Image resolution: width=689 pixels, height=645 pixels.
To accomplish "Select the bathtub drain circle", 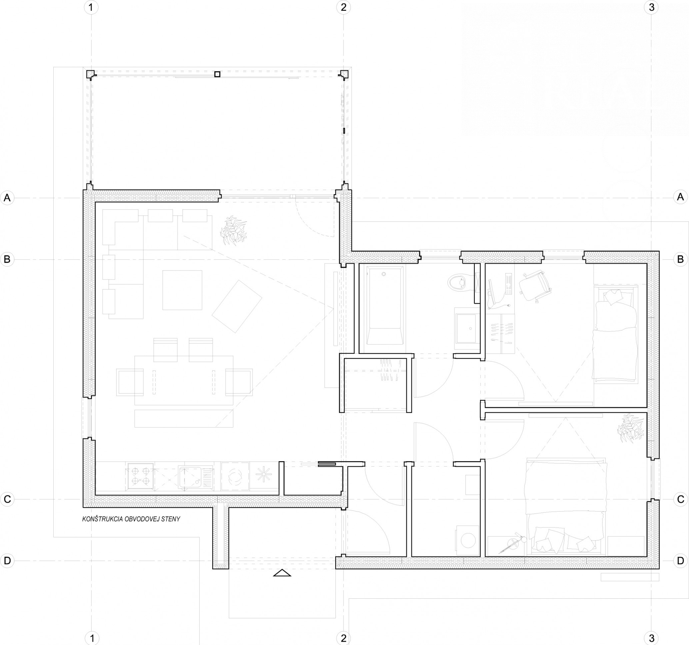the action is (x=383, y=274).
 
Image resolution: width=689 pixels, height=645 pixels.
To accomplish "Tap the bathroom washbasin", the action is (x=466, y=328).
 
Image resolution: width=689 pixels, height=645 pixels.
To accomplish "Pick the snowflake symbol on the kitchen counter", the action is (x=264, y=475).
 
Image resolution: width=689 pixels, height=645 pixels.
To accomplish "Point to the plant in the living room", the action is (x=233, y=230).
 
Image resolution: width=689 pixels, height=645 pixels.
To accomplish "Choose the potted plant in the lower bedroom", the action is (x=631, y=428).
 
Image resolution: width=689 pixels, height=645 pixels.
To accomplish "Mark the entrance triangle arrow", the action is (x=282, y=573).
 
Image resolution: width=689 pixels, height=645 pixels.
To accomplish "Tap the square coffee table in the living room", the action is (x=182, y=290).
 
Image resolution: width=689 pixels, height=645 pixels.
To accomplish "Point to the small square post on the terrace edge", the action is (x=217, y=74).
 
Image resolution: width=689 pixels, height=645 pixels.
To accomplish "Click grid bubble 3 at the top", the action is (x=651, y=7).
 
